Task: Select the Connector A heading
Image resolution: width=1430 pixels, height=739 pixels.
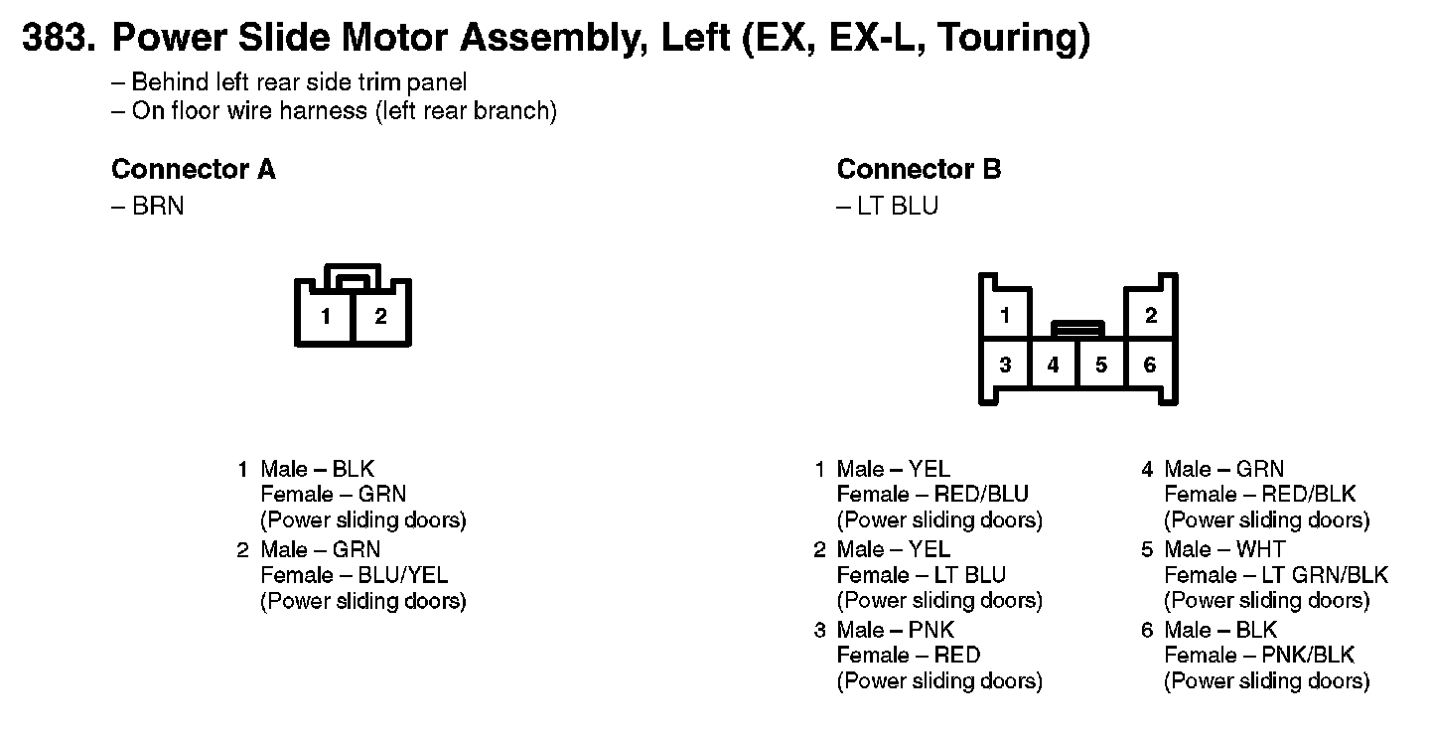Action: [x=194, y=170]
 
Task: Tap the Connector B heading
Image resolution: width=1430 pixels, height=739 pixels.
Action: [x=919, y=170]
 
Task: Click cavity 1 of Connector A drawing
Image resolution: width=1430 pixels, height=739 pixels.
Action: [x=326, y=318]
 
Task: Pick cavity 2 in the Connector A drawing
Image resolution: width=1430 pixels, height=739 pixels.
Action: [x=380, y=318]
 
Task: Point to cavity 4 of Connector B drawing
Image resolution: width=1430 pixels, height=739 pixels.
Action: [x=1053, y=366]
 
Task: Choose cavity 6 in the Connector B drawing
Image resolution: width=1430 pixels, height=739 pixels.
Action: [x=1150, y=366]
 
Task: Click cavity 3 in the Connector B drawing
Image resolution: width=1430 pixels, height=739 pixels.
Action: [x=1005, y=366]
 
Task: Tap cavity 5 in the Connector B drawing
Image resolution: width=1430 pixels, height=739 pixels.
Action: [x=1101, y=366]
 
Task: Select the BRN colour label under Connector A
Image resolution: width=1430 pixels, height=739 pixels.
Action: [x=158, y=207]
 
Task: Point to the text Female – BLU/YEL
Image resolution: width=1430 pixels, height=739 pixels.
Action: [x=354, y=575]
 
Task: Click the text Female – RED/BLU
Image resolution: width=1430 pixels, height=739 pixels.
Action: [x=932, y=495]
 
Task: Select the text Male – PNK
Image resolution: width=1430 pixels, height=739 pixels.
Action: [x=895, y=630]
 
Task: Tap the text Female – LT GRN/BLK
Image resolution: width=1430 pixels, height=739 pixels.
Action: [x=1275, y=575]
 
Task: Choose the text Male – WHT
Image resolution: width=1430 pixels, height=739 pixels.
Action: [x=1224, y=549]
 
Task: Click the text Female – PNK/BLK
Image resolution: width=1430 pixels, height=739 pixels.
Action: [x=1258, y=656]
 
